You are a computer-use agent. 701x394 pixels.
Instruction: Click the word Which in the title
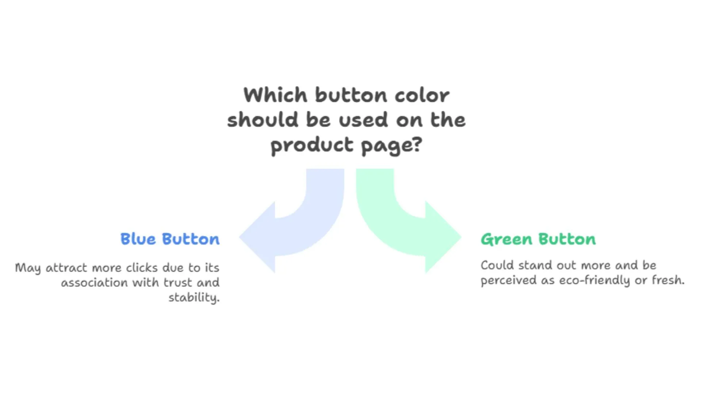tap(275, 96)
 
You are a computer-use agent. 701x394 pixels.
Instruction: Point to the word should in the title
tap(263, 120)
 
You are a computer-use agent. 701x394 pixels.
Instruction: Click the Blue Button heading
tap(170, 239)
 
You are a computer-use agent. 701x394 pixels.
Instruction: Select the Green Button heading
tap(538, 239)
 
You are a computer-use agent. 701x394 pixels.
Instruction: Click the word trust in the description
tap(178, 283)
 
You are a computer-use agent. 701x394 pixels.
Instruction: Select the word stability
tap(194, 298)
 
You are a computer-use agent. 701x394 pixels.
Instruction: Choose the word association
tap(94, 283)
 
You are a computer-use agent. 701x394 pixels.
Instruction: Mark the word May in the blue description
tap(28, 268)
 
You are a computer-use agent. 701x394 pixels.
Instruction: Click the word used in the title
tap(363, 120)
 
